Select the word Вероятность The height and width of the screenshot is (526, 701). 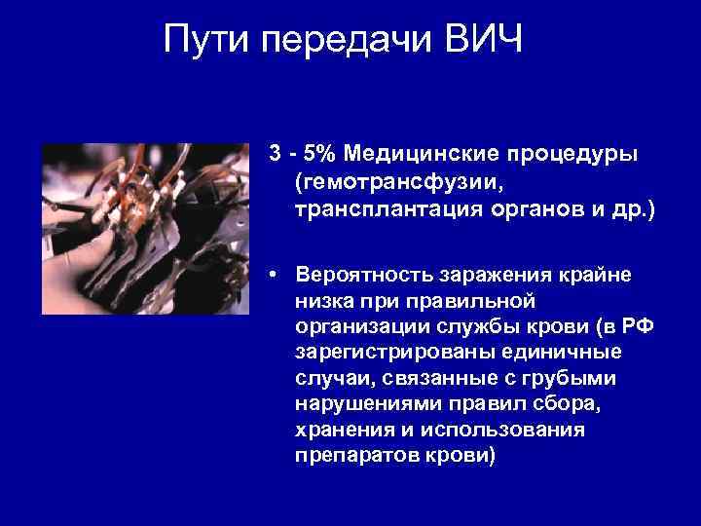pos(359,275)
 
